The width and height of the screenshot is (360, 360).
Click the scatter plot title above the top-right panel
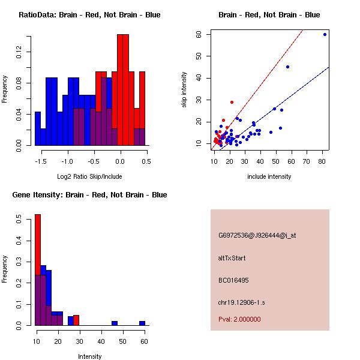(x=269, y=15)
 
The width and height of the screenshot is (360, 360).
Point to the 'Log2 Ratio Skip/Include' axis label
(x=89, y=176)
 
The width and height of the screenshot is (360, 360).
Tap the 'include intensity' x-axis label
(x=269, y=176)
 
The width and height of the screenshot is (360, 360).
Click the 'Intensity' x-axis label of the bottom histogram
(x=89, y=356)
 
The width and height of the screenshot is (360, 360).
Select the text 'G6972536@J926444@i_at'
(x=257, y=235)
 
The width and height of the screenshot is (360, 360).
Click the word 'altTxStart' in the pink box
(x=232, y=258)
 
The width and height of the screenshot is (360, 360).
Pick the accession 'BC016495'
(x=233, y=280)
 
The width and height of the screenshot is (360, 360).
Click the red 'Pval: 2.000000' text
(x=239, y=319)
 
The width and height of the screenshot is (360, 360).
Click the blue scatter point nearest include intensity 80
(x=325, y=34)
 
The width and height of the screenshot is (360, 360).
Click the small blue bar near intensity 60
(x=142, y=323)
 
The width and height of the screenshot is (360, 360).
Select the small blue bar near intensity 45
(x=114, y=323)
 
